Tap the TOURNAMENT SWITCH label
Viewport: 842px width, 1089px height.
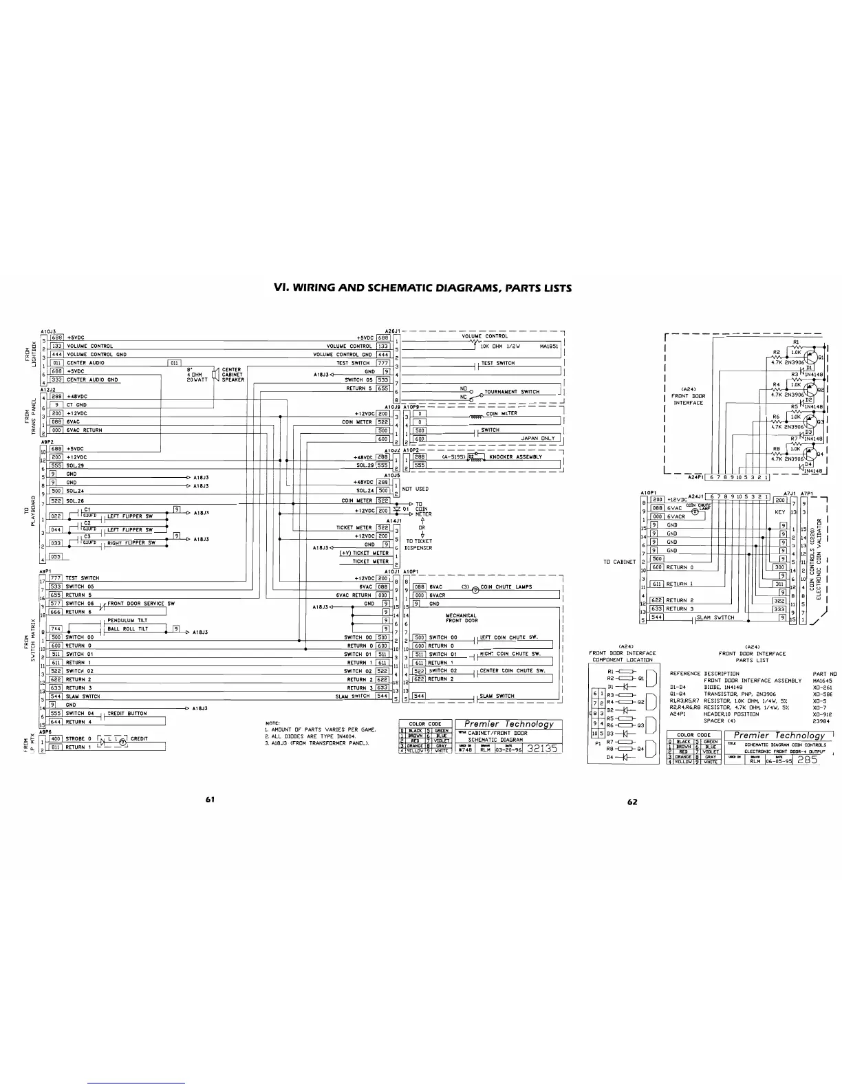click(x=512, y=392)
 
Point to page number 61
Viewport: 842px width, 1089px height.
click(x=210, y=800)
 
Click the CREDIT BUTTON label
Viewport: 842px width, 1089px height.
click(x=127, y=714)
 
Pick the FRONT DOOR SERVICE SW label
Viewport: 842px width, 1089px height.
click(x=141, y=603)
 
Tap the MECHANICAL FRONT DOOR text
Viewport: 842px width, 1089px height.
click(x=461, y=618)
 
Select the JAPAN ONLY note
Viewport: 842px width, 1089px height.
click(x=537, y=438)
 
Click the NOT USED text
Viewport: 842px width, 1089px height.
click(x=415, y=489)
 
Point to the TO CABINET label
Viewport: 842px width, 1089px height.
click(x=619, y=562)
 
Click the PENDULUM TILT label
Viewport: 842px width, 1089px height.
click(x=127, y=620)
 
